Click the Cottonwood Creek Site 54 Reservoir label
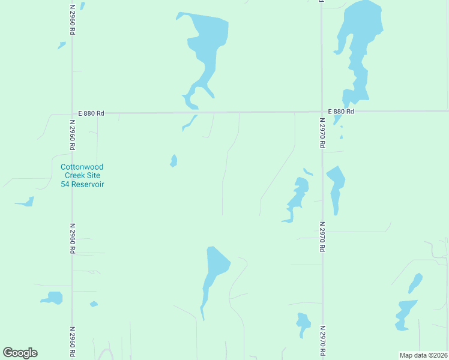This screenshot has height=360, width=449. (82, 175)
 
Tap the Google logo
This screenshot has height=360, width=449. (20, 352)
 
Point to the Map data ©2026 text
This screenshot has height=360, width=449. (423, 355)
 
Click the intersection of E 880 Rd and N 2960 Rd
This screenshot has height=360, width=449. (72, 112)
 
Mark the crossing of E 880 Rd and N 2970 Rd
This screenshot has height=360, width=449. (322, 112)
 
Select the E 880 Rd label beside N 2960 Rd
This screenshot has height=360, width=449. (91, 113)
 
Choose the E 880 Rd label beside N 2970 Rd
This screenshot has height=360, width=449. (341, 112)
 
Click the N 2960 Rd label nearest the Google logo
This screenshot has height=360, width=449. (72, 343)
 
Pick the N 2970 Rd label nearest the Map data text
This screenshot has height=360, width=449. (322, 341)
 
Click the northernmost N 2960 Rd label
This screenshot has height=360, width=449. (72, 20)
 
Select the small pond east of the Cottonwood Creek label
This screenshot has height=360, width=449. (173, 161)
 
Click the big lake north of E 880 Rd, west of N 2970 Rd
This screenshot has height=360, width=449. (206, 48)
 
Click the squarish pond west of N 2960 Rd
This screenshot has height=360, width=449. (53, 298)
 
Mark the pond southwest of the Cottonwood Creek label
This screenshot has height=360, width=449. (26, 202)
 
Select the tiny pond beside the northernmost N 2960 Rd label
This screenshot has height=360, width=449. (61, 45)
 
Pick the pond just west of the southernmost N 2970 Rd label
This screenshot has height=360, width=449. (303, 324)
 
